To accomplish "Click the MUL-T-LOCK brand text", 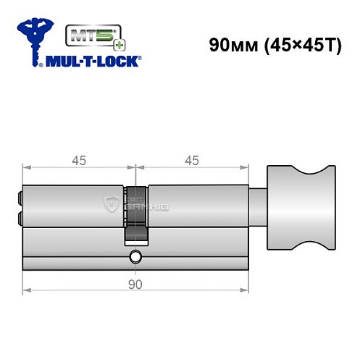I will click(95, 62).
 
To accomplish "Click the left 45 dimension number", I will click(79, 161).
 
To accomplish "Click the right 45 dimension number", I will click(191, 161).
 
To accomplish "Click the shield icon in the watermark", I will click(113, 202).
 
